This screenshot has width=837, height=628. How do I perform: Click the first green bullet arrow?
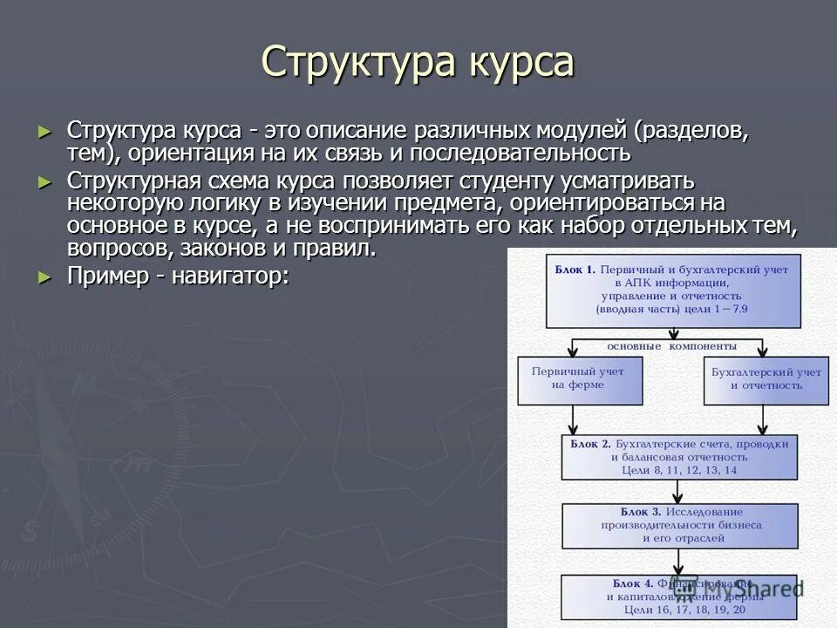[45, 132]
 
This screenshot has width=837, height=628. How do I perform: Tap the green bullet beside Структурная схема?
[45, 181]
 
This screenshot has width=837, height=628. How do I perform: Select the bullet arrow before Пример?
[45, 276]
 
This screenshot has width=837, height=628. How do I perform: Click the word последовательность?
[520, 154]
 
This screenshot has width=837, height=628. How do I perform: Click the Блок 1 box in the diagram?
[672, 290]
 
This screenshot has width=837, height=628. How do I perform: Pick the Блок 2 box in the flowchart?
[679, 456]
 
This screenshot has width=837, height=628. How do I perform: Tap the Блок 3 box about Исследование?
[679, 525]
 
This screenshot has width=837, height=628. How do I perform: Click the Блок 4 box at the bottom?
[679, 597]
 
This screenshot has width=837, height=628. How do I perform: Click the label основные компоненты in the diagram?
[671, 346]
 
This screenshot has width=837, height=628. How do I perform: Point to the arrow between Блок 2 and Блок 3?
[679, 492]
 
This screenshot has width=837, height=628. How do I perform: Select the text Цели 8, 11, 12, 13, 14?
[680, 470]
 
